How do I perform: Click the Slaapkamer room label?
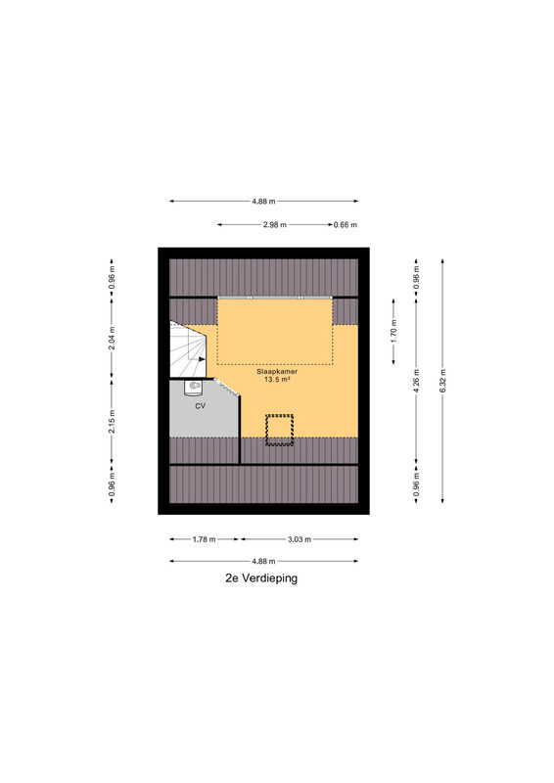pos(277,372)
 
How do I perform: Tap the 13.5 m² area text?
pos(277,380)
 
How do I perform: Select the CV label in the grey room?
pos(200,406)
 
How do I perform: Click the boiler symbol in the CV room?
pos(193,387)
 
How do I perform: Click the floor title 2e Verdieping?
pos(261,578)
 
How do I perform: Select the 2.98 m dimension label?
pos(275,225)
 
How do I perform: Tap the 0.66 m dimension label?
pos(346,225)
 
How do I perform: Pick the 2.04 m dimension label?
pos(112,338)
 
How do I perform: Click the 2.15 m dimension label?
pos(112,422)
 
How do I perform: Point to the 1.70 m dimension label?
pos(393,331)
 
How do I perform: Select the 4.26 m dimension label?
pos(417,380)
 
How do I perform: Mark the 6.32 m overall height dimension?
pos(442,381)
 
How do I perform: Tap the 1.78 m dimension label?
pos(204,539)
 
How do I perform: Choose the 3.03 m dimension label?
pos(300,539)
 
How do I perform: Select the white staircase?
pos(188,348)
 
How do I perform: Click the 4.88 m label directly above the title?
pos(263,561)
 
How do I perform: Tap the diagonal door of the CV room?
pos(227,387)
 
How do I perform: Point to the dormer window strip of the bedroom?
pos(275,298)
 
